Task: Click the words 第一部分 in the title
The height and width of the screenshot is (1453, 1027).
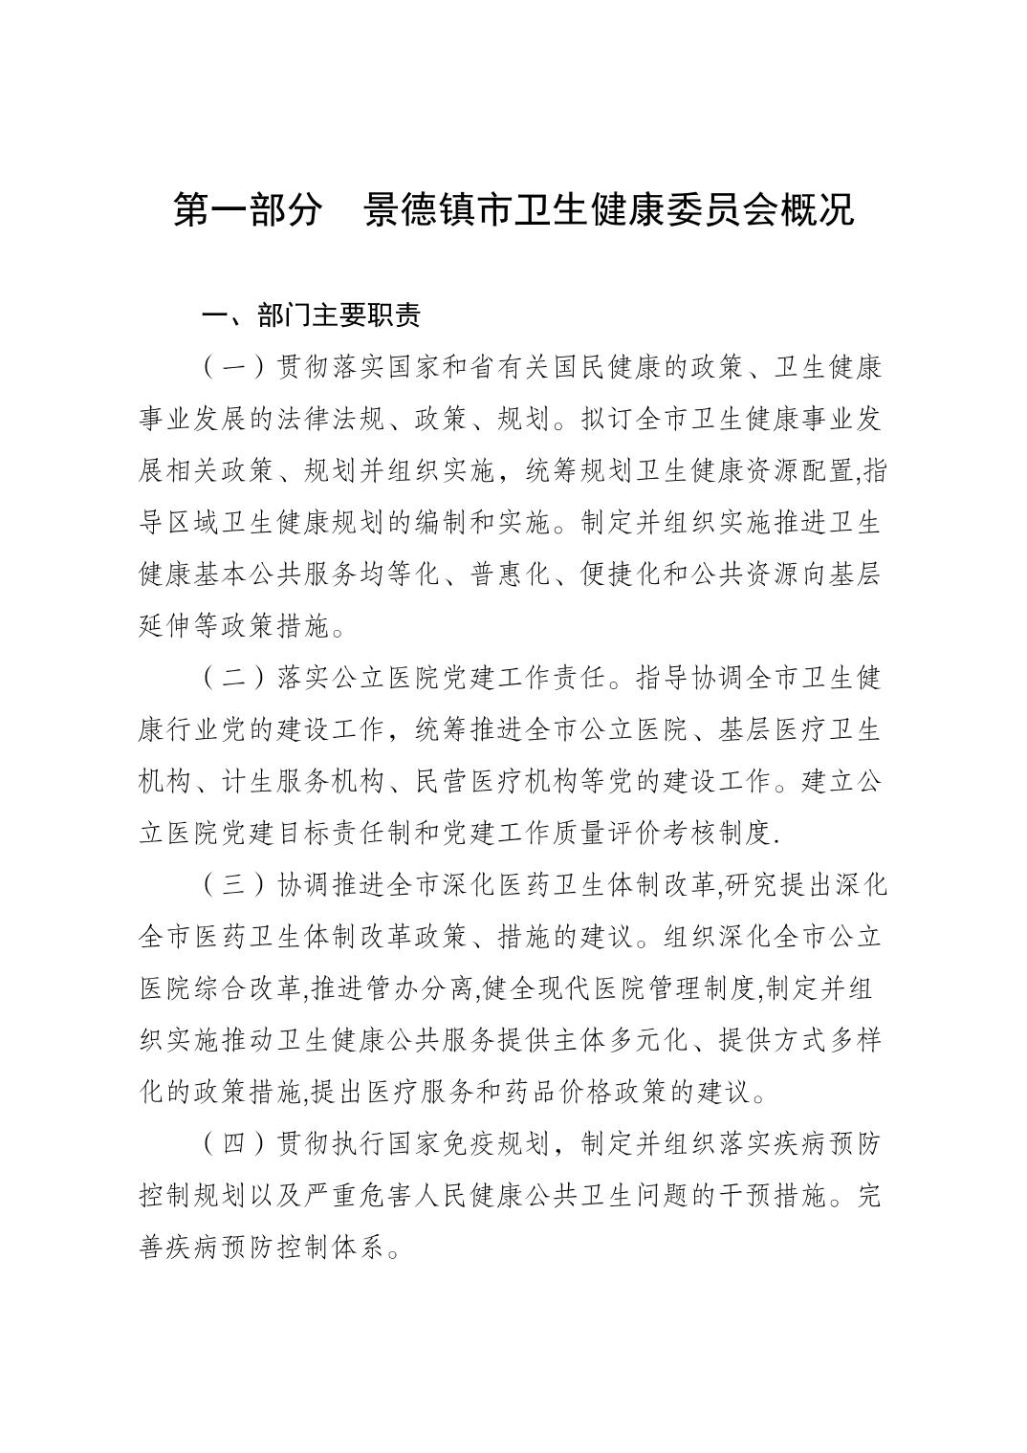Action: click(x=247, y=211)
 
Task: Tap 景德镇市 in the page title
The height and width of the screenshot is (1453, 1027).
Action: click(x=424, y=211)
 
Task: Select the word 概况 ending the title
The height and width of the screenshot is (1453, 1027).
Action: click(x=818, y=211)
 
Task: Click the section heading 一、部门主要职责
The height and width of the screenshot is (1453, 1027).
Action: click(x=309, y=314)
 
